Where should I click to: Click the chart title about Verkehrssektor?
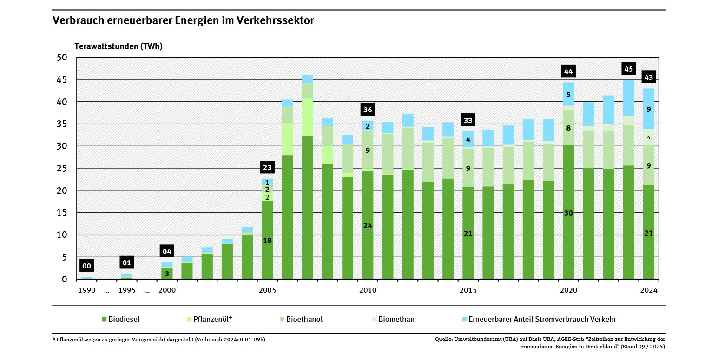[183, 21]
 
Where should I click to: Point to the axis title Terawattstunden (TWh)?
[119, 46]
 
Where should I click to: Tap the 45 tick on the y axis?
[62, 80]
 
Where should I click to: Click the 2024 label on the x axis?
[649, 291]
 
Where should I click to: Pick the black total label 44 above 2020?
[568, 71]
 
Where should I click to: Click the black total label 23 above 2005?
[267, 168]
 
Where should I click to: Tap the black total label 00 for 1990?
[87, 266]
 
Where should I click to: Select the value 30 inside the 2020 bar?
[568, 213]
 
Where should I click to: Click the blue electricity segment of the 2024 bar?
[649, 109]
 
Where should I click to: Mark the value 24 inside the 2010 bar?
[368, 226]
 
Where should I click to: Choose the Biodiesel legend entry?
[121, 320]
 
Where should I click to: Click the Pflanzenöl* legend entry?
[209, 320]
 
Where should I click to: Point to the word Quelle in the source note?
[444, 340]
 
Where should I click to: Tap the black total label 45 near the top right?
[628, 69]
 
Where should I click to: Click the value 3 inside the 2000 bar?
[167, 274]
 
